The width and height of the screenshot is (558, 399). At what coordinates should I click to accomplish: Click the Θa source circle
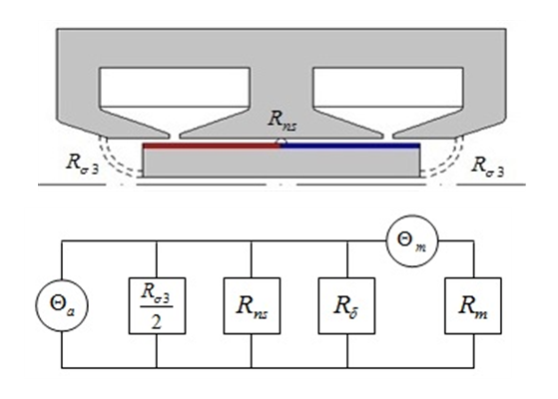pyautogui.click(x=62, y=305)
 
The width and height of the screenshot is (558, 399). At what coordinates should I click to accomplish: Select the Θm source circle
pyautogui.click(x=412, y=240)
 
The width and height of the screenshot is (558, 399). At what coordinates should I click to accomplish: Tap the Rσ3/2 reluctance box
pyautogui.click(x=157, y=306)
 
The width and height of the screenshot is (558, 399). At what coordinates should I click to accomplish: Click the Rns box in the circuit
pyautogui.click(x=252, y=306)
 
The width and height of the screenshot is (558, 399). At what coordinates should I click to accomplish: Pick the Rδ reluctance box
pyautogui.click(x=346, y=306)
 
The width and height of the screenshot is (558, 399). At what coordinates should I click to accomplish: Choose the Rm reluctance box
pyautogui.click(x=473, y=306)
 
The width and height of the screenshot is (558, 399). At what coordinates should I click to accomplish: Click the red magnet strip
pyautogui.click(x=211, y=146)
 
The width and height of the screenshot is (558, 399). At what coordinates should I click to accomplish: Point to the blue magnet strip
pyautogui.click(x=350, y=146)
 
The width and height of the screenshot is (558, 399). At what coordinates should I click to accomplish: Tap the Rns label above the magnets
pyautogui.click(x=281, y=120)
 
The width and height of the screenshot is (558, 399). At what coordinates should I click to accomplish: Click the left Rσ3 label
pyautogui.click(x=82, y=165)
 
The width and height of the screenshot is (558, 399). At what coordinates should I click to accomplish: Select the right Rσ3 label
pyautogui.click(x=487, y=166)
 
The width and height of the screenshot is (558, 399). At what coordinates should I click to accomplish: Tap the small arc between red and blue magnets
pyautogui.click(x=281, y=141)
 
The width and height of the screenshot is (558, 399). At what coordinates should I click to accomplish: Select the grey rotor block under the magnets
pyautogui.click(x=281, y=163)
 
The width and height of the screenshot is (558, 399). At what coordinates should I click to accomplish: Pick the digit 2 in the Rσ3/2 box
pyautogui.click(x=157, y=322)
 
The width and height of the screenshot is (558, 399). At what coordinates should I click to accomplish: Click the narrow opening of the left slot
pyautogui.click(x=175, y=136)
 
